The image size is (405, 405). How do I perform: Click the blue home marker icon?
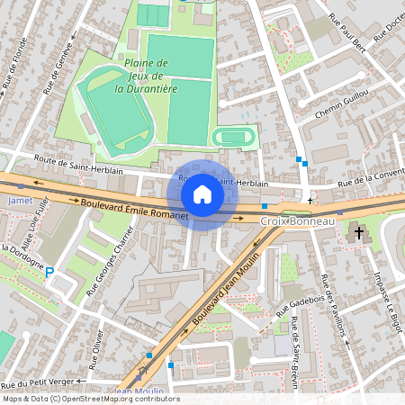coord(202,194)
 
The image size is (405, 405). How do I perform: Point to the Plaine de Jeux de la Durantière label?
coord(147,76)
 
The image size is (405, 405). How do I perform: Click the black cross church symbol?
coord(360,233)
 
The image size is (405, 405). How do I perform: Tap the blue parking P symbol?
coord(49,271)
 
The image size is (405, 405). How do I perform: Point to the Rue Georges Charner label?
coord(110,262)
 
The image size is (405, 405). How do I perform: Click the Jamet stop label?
coord(20,201)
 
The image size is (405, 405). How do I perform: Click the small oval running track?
coord(234,138)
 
